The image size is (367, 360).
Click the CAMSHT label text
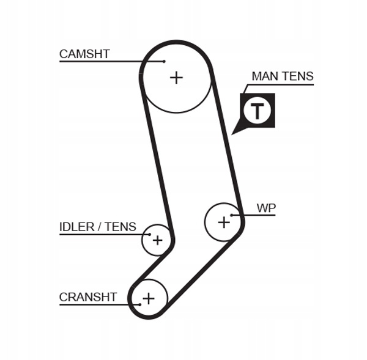[x=84, y=54]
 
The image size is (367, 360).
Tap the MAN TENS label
[x=283, y=76]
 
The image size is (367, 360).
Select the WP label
[x=266, y=208]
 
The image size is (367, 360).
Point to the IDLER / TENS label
[x=98, y=227]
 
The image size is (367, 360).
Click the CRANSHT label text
[x=88, y=297]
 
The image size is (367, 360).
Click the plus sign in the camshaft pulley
[x=176, y=77]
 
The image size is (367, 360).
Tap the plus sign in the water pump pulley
[x=224, y=222]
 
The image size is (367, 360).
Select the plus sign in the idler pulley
[x=157, y=240]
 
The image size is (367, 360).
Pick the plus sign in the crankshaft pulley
[x=148, y=298]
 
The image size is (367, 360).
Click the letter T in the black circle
[x=258, y=111]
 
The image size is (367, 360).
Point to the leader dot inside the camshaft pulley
[x=165, y=61]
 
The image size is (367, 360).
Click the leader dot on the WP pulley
[x=232, y=215]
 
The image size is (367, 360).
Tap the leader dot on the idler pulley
[x=148, y=234]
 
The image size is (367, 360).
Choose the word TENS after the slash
[x=121, y=227]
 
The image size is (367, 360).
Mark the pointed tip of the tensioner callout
[x=233, y=133]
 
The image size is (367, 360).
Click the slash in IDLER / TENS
[x=100, y=227]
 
